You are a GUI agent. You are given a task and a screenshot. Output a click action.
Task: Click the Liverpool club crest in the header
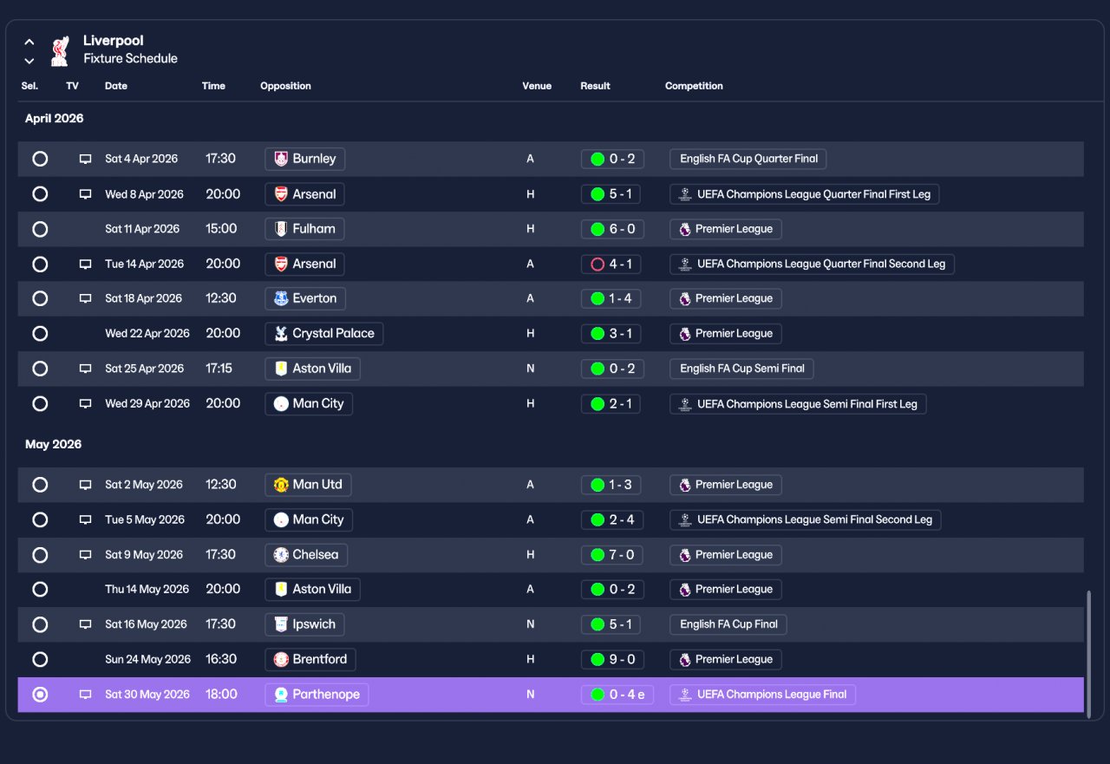60,50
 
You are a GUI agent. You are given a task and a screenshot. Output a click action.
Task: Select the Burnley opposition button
304,159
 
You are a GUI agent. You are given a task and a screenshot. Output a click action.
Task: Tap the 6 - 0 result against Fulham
612,229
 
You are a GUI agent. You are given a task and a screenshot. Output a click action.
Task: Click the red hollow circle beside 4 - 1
597,264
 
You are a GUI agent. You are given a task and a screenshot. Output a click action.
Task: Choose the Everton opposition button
305,298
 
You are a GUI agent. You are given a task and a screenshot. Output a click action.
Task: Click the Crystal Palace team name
334,334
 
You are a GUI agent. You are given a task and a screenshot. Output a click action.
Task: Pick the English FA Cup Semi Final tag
741,369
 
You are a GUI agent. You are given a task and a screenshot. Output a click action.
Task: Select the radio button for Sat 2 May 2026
40,485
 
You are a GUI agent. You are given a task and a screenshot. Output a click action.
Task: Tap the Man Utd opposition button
308,485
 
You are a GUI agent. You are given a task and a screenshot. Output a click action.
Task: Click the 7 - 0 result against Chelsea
612,554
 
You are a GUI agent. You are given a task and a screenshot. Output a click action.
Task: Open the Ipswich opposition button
304,624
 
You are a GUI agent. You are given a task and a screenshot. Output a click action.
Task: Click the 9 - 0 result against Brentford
612,659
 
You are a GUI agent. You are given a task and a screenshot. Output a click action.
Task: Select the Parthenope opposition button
317,695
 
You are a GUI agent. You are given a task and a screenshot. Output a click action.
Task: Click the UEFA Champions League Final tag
762,695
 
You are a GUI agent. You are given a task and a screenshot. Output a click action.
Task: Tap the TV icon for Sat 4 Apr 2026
85,159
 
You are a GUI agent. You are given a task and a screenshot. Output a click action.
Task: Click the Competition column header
694,86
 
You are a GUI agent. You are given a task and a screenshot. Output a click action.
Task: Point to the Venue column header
537,86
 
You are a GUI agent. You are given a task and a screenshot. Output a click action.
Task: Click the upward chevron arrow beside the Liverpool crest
29,42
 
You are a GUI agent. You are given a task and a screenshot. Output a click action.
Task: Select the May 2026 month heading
53,444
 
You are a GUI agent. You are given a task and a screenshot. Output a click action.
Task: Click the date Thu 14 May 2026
147,589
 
